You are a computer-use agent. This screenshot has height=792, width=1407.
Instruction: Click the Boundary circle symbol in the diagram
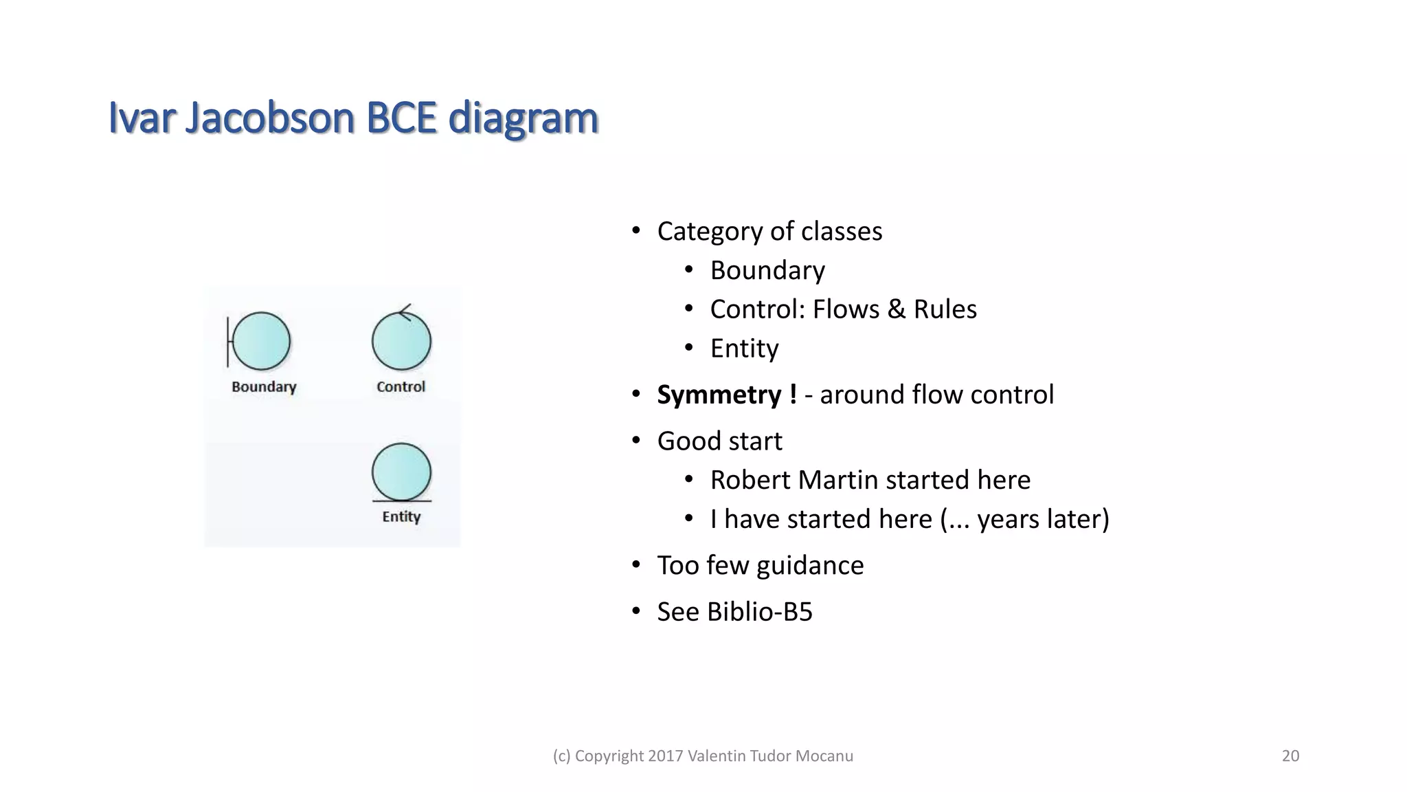coord(262,341)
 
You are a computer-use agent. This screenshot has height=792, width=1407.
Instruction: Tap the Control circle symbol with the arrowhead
coord(401,342)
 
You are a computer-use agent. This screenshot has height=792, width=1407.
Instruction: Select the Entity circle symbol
coord(401,472)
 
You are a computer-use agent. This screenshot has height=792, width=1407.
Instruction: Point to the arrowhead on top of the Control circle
coord(405,312)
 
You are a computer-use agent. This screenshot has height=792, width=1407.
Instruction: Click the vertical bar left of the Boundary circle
coord(228,342)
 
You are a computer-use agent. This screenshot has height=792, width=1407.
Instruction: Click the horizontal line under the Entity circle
coord(401,501)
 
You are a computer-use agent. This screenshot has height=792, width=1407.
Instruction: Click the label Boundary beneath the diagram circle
coord(264,387)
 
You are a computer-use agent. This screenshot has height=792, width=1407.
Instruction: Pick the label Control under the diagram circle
coord(401,387)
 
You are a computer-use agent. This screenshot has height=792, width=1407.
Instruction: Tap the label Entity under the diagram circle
coord(401,517)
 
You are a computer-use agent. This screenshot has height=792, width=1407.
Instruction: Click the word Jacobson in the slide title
coord(269,118)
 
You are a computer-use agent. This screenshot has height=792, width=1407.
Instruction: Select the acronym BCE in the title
coord(402,118)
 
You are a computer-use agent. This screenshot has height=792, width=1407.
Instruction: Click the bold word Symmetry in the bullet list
coord(719,395)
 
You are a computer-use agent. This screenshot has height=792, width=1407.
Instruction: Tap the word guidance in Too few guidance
coord(809,566)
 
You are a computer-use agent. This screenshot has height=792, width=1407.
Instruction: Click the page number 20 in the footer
coord(1290,756)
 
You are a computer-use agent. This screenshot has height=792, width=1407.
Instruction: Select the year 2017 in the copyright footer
coord(665,756)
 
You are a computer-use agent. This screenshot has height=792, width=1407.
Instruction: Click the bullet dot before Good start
coord(636,441)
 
